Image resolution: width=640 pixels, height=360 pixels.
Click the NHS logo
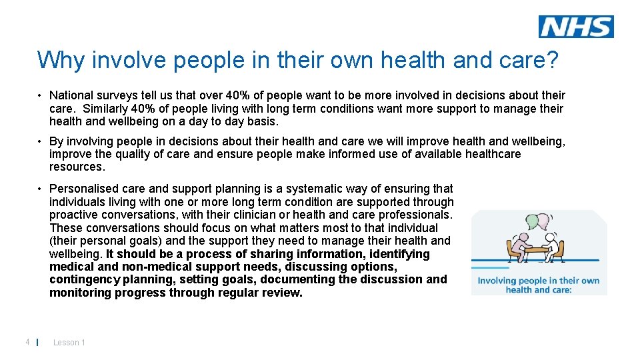(576, 27)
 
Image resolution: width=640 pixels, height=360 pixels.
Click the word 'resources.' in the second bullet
(77, 167)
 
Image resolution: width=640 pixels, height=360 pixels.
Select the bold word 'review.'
(283, 293)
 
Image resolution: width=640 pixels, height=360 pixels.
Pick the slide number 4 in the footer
(27, 342)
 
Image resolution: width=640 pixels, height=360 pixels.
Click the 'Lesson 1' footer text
(69, 343)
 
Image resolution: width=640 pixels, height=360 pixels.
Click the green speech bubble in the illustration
(532, 222)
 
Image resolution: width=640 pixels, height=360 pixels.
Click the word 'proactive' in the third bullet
(74, 215)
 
